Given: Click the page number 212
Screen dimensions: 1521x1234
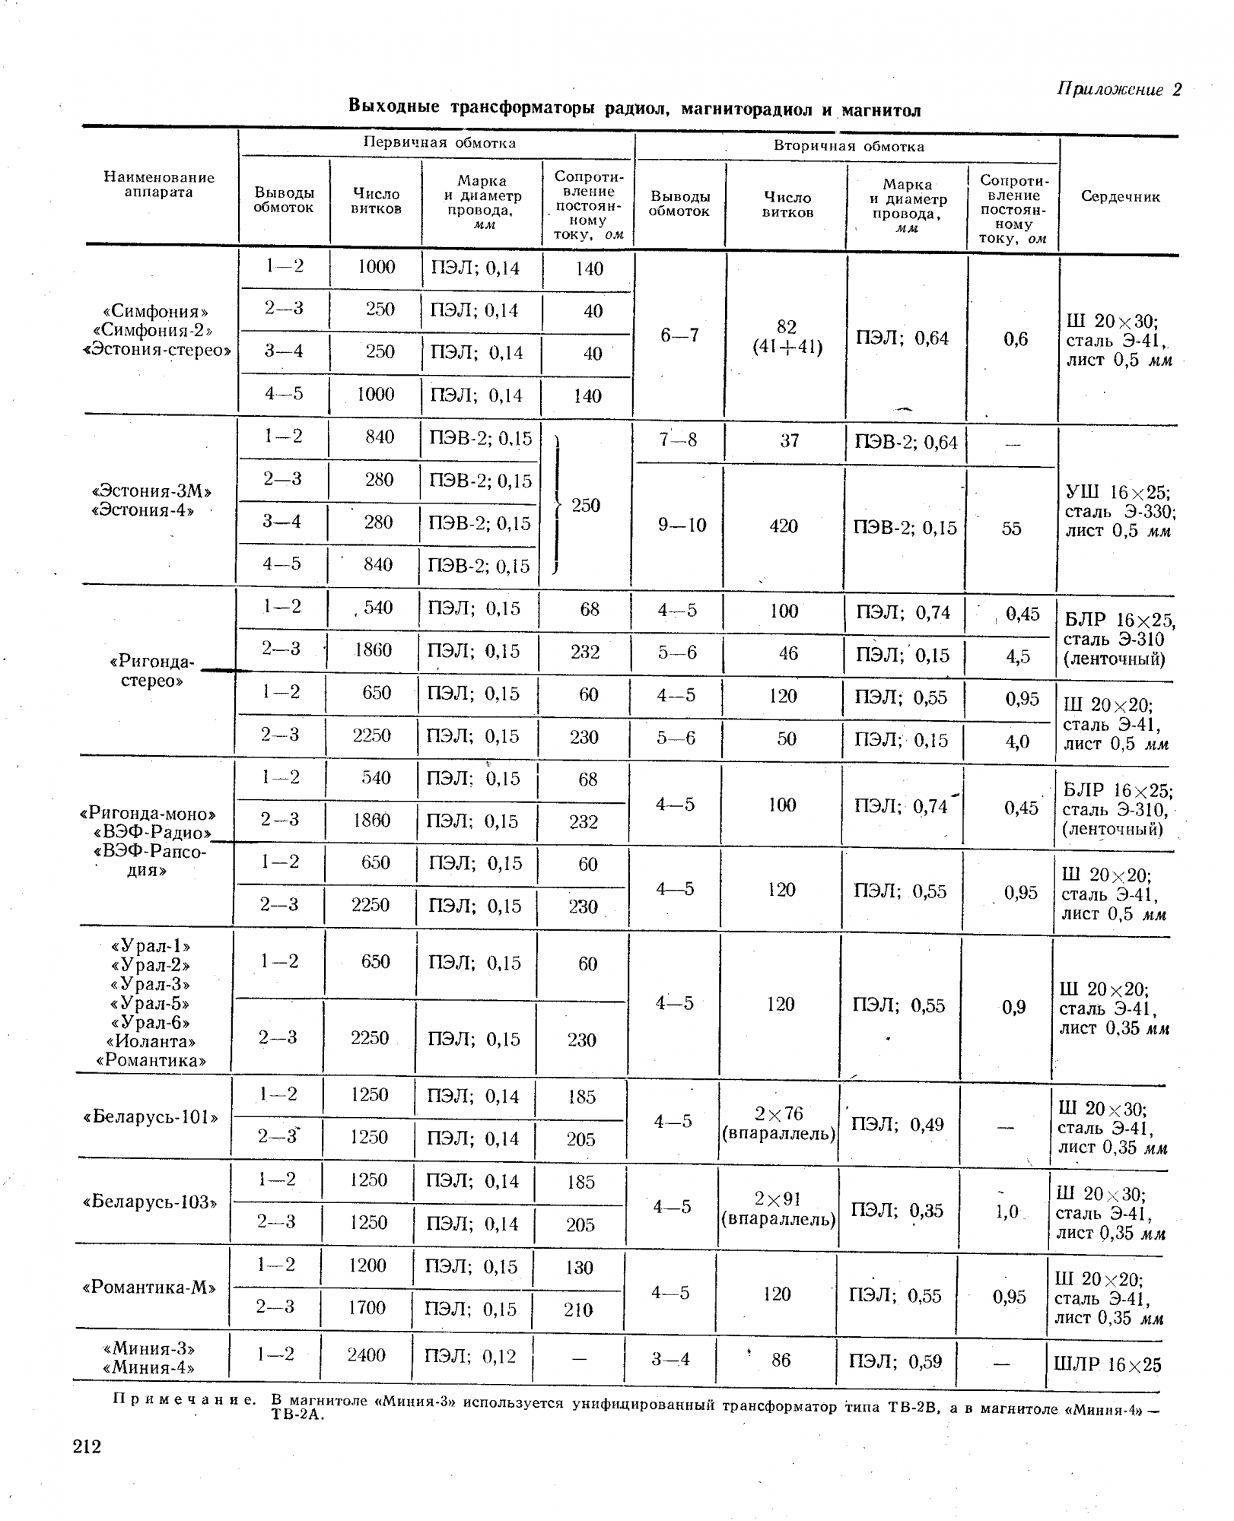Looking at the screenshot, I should point(87,1445).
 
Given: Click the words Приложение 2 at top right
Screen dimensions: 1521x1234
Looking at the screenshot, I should point(1119,89).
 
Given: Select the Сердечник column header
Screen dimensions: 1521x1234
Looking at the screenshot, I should point(1120,197).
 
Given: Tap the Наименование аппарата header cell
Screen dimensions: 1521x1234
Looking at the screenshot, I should point(159,185).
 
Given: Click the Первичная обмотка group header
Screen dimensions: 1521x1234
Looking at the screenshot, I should point(439,142).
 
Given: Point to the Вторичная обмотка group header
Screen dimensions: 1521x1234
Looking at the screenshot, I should point(849,146).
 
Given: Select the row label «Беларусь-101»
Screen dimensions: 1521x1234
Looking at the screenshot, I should point(151,1117).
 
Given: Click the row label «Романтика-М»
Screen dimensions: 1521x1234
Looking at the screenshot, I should point(149,1288).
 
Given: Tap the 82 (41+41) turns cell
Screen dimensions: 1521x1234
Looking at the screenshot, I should point(787,337).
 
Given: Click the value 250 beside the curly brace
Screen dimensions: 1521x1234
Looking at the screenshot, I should point(586,505).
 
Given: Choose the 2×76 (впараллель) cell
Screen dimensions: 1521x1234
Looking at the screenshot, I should point(779,1123).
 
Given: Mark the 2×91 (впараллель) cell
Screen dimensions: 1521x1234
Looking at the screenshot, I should point(778,1208).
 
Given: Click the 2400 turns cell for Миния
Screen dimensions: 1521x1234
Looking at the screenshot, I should point(366,1354).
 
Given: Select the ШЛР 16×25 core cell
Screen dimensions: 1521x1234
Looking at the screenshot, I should point(1108,1364).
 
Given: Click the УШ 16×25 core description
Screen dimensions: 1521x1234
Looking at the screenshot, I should point(1119,510).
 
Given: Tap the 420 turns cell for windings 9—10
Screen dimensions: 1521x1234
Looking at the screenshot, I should point(784,526).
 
